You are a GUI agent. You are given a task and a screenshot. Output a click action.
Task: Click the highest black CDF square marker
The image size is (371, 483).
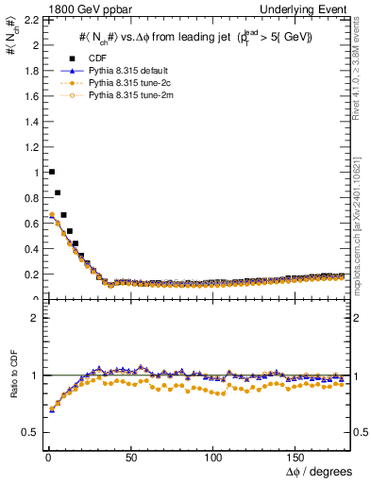[x=51, y=172]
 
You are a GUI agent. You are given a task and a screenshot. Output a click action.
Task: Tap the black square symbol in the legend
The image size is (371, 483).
[x=71, y=59]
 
